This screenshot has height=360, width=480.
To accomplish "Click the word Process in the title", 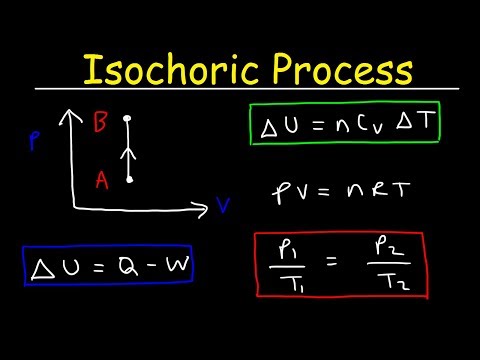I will click(x=336, y=71).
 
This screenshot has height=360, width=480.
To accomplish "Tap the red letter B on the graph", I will click(x=101, y=124).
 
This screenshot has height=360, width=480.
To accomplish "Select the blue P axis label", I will click(x=35, y=143).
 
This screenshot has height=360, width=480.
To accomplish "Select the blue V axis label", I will click(x=224, y=207).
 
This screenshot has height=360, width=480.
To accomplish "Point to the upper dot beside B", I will click(x=129, y=119).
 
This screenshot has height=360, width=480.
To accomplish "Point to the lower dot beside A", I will click(x=129, y=180).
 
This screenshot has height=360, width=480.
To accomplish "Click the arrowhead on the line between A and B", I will click(x=129, y=153).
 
